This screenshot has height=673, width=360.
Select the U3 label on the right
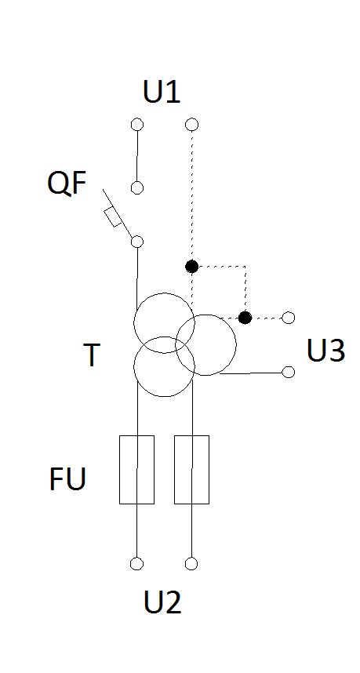click(x=325, y=351)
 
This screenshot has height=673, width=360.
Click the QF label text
click(x=67, y=183)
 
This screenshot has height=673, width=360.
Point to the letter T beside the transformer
click(x=92, y=355)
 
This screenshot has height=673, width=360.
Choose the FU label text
click(x=67, y=478)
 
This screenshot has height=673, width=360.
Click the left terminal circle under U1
click(x=137, y=125)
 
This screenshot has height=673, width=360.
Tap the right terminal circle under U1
click(x=191, y=125)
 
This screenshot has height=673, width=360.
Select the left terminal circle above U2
click(x=137, y=563)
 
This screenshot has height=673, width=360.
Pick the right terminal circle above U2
click(x=191, y=563)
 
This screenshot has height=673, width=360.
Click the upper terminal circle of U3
click(x=289, y=318)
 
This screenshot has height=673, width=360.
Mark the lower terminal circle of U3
click(x=289, y=372)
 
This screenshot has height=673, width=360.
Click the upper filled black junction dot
click(x=191, y=267)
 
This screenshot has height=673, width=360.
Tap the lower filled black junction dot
click(x=245, y=318)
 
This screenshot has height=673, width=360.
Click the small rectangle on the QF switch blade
click(x=113, y=217)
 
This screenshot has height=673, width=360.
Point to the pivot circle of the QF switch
click(x=137, y=242)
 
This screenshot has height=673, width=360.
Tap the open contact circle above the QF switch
click(x=137, y=187)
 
